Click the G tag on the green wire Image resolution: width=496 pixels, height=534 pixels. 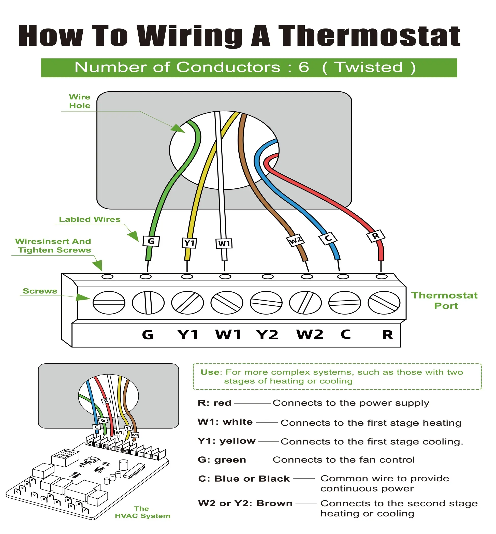151,241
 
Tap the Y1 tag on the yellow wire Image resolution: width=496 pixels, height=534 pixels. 189,243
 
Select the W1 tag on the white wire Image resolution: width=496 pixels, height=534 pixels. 224,243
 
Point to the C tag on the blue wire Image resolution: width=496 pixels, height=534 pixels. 328,238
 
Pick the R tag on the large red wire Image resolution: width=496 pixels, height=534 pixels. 376,236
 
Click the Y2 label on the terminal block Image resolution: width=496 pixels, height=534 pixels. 267,335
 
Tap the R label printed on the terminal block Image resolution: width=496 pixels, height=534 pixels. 388,335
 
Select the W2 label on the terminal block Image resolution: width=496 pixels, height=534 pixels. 310,334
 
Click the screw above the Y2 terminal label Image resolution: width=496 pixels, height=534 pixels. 266,303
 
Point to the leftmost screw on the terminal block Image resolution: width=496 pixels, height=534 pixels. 109,303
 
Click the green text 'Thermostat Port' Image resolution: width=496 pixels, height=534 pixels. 445,300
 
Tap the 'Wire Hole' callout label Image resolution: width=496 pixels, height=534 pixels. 79,101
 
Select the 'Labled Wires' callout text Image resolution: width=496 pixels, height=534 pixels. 90,219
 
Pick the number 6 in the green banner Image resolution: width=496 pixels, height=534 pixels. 303,67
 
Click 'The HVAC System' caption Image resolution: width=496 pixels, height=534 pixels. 142,512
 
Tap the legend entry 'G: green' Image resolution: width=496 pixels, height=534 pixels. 222,460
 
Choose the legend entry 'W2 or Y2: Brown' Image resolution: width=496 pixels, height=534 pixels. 245,503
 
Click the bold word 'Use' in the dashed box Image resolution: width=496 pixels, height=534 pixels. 210,372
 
